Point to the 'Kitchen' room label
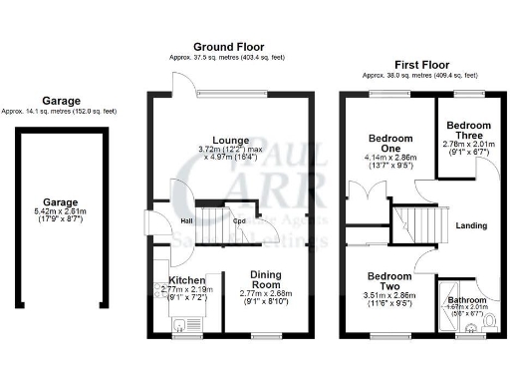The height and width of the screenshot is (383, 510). [186, 280]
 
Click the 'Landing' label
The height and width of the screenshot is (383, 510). [471, 225]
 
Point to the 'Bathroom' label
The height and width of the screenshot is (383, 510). [466, 300]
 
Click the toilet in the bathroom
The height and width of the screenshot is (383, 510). [489, 321]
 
